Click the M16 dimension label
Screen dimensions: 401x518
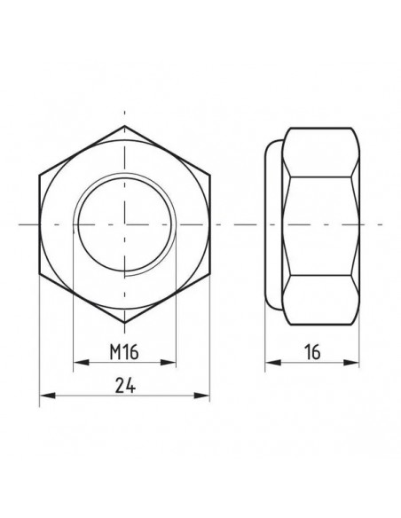click(x=124, y=352)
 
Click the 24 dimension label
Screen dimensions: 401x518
click(x=125, y=385)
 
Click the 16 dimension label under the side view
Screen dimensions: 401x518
click(x=312, y=352)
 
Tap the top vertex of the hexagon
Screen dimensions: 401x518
click(x=124, y=126)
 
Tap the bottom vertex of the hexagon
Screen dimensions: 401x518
click(x=124, y=323)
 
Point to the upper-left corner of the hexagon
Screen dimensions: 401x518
click(x=39, y=175)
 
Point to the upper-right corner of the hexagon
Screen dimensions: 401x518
click(x=209, y=175)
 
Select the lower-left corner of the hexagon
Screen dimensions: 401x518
click(x=39, y=273)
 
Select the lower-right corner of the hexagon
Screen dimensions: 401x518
click(x=209, y=273)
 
